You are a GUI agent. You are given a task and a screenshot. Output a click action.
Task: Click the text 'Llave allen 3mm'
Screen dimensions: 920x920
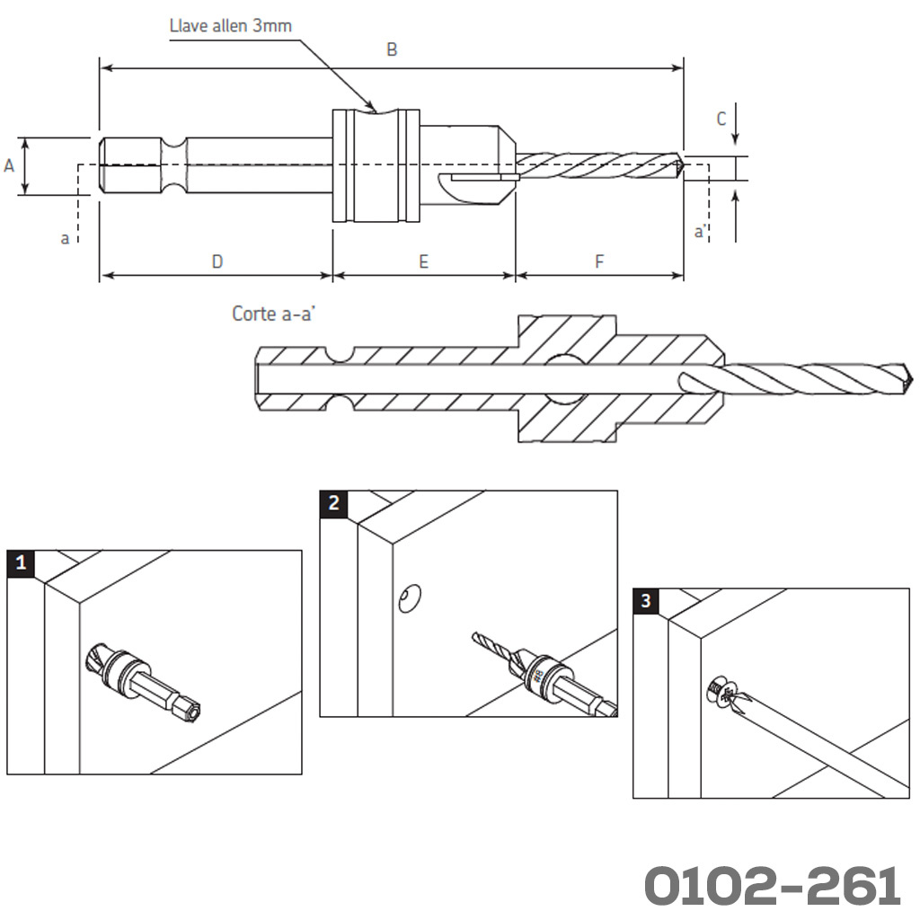coord(230,25)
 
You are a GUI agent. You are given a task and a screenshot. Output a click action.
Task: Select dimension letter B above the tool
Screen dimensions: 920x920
coord(392,50)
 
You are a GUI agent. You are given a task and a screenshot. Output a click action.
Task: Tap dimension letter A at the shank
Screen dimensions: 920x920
coord(10,165)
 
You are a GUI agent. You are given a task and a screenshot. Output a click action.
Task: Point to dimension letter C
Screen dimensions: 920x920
coord(721,119)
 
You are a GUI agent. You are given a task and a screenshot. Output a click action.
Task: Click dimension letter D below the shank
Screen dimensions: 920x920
coord(217,261)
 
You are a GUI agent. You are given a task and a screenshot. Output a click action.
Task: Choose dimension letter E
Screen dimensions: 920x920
coord(423,261)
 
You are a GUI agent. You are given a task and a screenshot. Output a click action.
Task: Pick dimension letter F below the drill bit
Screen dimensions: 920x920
coord(599,261)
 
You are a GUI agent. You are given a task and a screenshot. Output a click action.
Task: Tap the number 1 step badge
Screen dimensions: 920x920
coord(21,563)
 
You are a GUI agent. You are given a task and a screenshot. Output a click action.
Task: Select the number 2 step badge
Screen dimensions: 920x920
coord(334,503)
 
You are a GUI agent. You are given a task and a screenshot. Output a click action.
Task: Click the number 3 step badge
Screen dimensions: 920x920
coord(646,600)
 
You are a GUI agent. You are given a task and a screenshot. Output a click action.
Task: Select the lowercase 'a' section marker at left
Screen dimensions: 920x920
coord(65,238)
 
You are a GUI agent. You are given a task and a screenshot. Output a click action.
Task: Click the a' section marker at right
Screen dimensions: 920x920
coord(701,232)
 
